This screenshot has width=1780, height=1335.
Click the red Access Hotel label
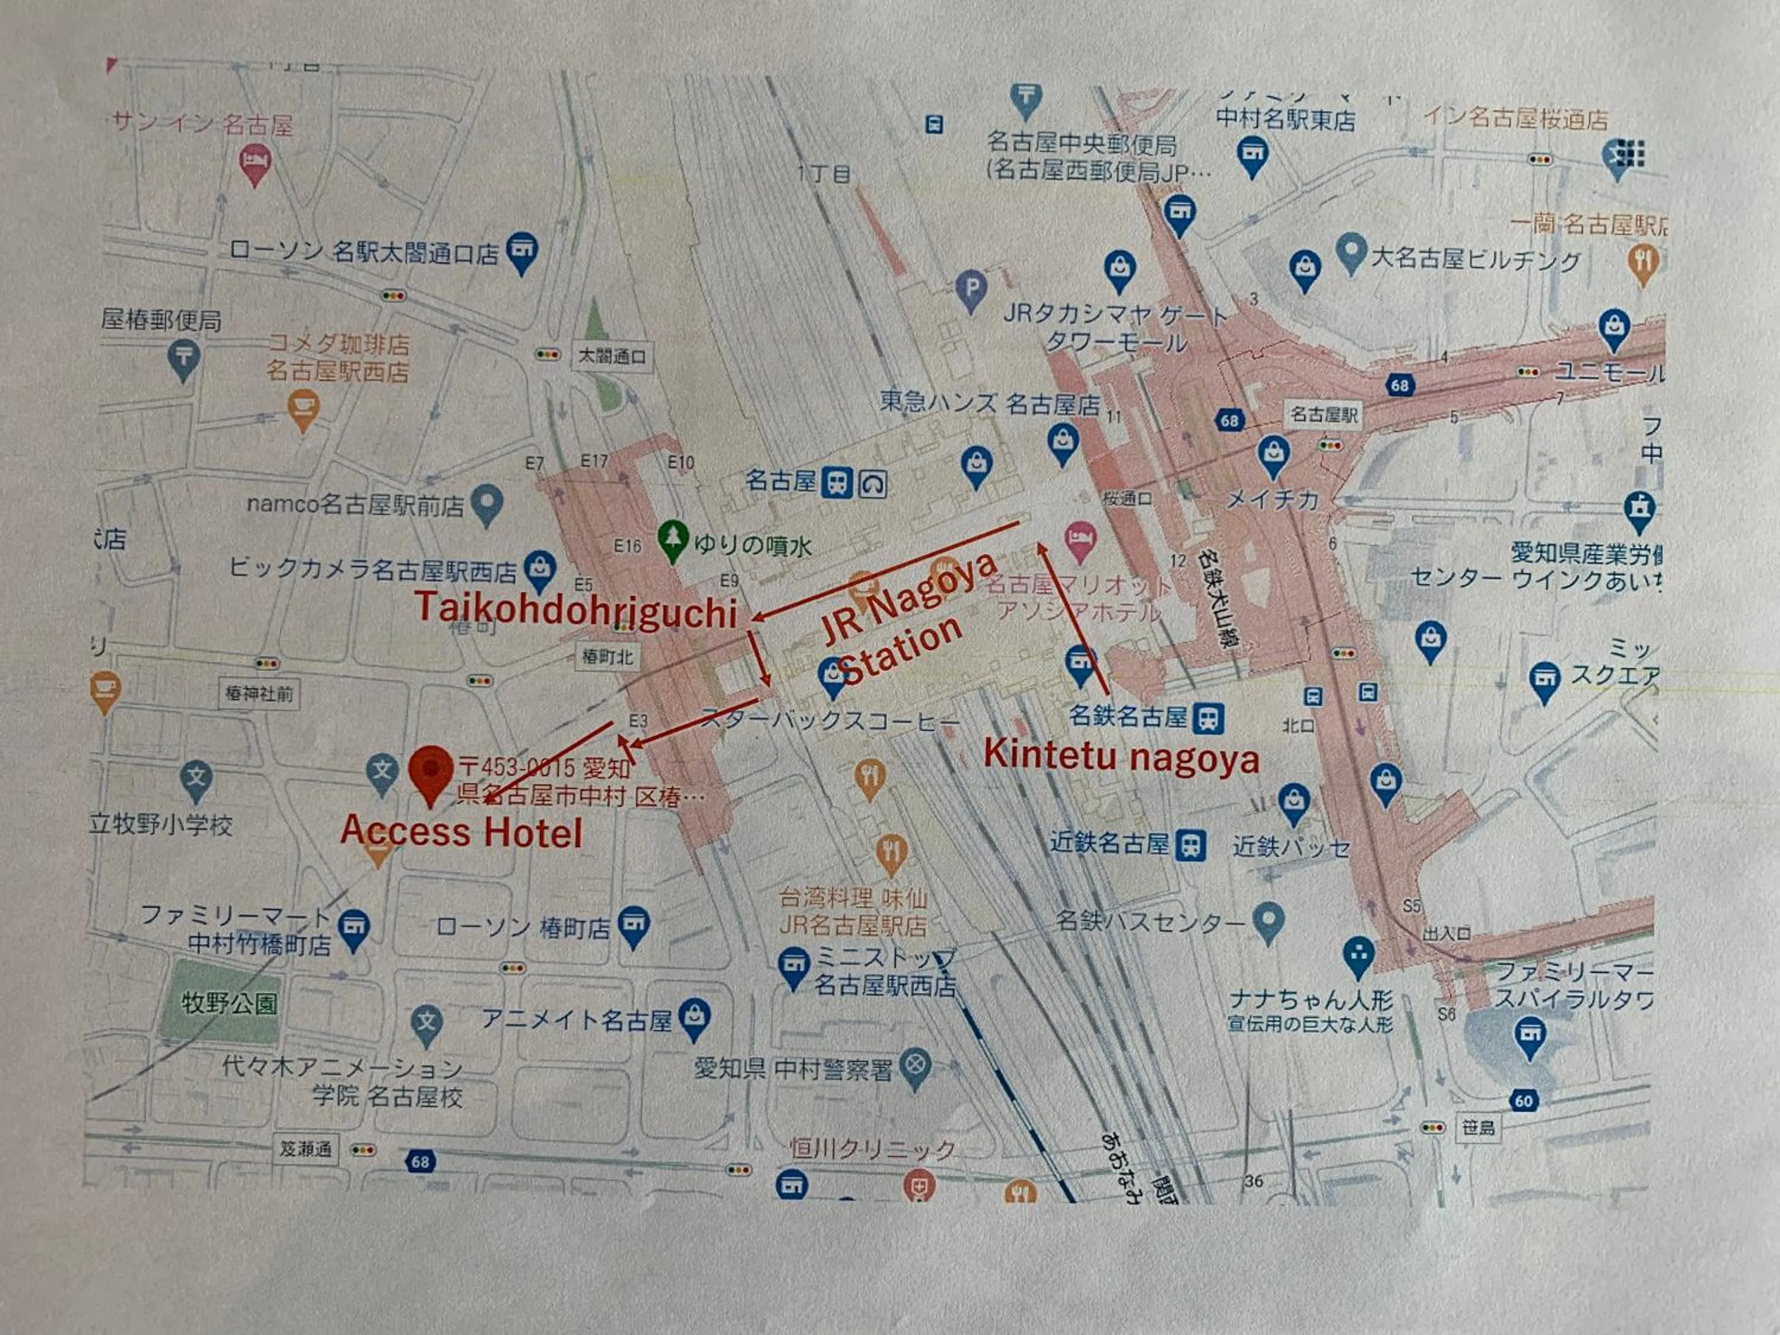pos(461,831)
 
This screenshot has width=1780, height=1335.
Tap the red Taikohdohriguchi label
pos(576,609)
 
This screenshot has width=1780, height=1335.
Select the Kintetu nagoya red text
pos(1121,757)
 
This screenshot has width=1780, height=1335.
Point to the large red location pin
pos(431,773)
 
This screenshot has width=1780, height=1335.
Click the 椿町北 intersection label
pos(608,657)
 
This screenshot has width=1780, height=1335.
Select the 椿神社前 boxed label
pos(259,693)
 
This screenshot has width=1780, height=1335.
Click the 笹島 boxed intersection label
pos(1477,1127)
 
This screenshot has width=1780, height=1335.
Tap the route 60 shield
pos(1523,1101)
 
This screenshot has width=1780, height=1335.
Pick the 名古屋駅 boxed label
pos(1324,414)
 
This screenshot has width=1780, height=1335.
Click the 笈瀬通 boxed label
pos(305,1148)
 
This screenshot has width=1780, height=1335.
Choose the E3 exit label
pos(638,720)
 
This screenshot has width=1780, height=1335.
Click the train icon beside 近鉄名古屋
pos(1191,846)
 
